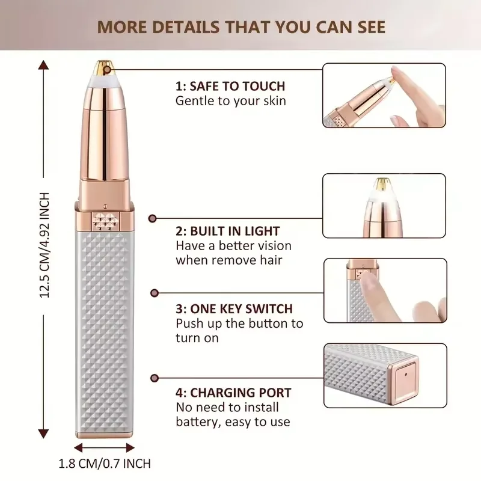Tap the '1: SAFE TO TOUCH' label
tap(230, 86)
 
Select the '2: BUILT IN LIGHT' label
tap(228, 231)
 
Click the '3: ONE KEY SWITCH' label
tap(234, 309)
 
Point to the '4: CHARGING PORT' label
tap(233, 393)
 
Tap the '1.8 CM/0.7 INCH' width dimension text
tap(105, 464)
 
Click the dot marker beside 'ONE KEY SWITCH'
tap(154, 293)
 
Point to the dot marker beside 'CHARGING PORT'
tap(154, 378)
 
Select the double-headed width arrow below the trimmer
tap(105, 447)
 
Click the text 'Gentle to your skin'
tap(231, 100)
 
